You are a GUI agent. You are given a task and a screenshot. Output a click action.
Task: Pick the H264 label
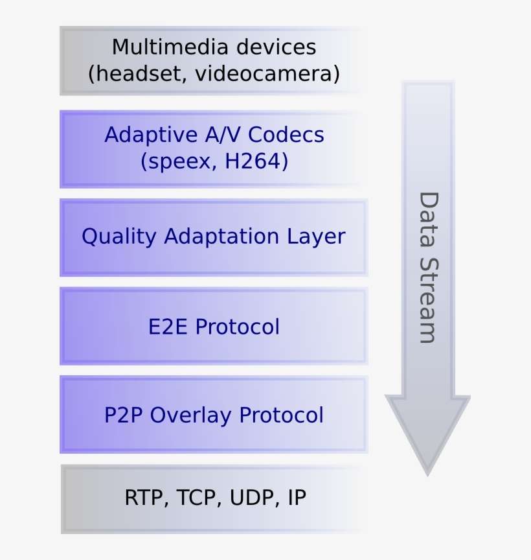256,161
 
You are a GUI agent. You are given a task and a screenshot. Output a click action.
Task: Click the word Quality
119,237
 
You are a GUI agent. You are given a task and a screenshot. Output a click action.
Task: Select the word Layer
318,237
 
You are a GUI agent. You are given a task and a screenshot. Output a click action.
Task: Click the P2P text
124,415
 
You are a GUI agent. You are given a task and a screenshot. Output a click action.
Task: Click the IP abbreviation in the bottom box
297,498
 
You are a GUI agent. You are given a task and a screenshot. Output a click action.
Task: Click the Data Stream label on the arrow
427,267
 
